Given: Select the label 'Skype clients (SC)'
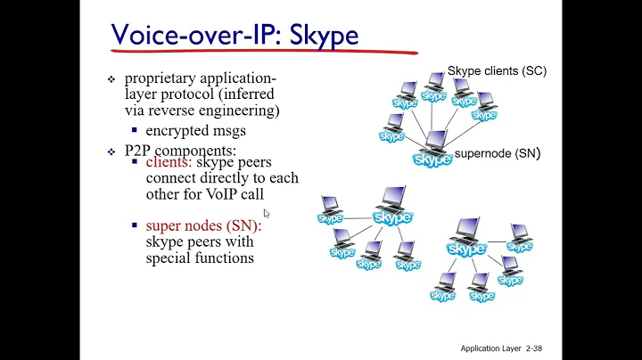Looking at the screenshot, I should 497,70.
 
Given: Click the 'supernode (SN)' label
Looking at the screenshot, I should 497,154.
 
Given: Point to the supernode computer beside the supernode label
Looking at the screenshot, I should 433,150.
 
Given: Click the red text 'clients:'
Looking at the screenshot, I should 169,163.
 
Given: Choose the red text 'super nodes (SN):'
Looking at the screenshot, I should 203,226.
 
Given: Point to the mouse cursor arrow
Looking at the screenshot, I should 267,213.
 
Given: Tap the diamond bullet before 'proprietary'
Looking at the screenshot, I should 111,79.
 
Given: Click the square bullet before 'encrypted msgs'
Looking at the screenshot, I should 135,131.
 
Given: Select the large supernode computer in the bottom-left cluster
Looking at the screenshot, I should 391,207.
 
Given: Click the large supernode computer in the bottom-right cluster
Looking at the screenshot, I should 466,237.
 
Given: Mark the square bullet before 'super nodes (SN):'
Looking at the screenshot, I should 135,226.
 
